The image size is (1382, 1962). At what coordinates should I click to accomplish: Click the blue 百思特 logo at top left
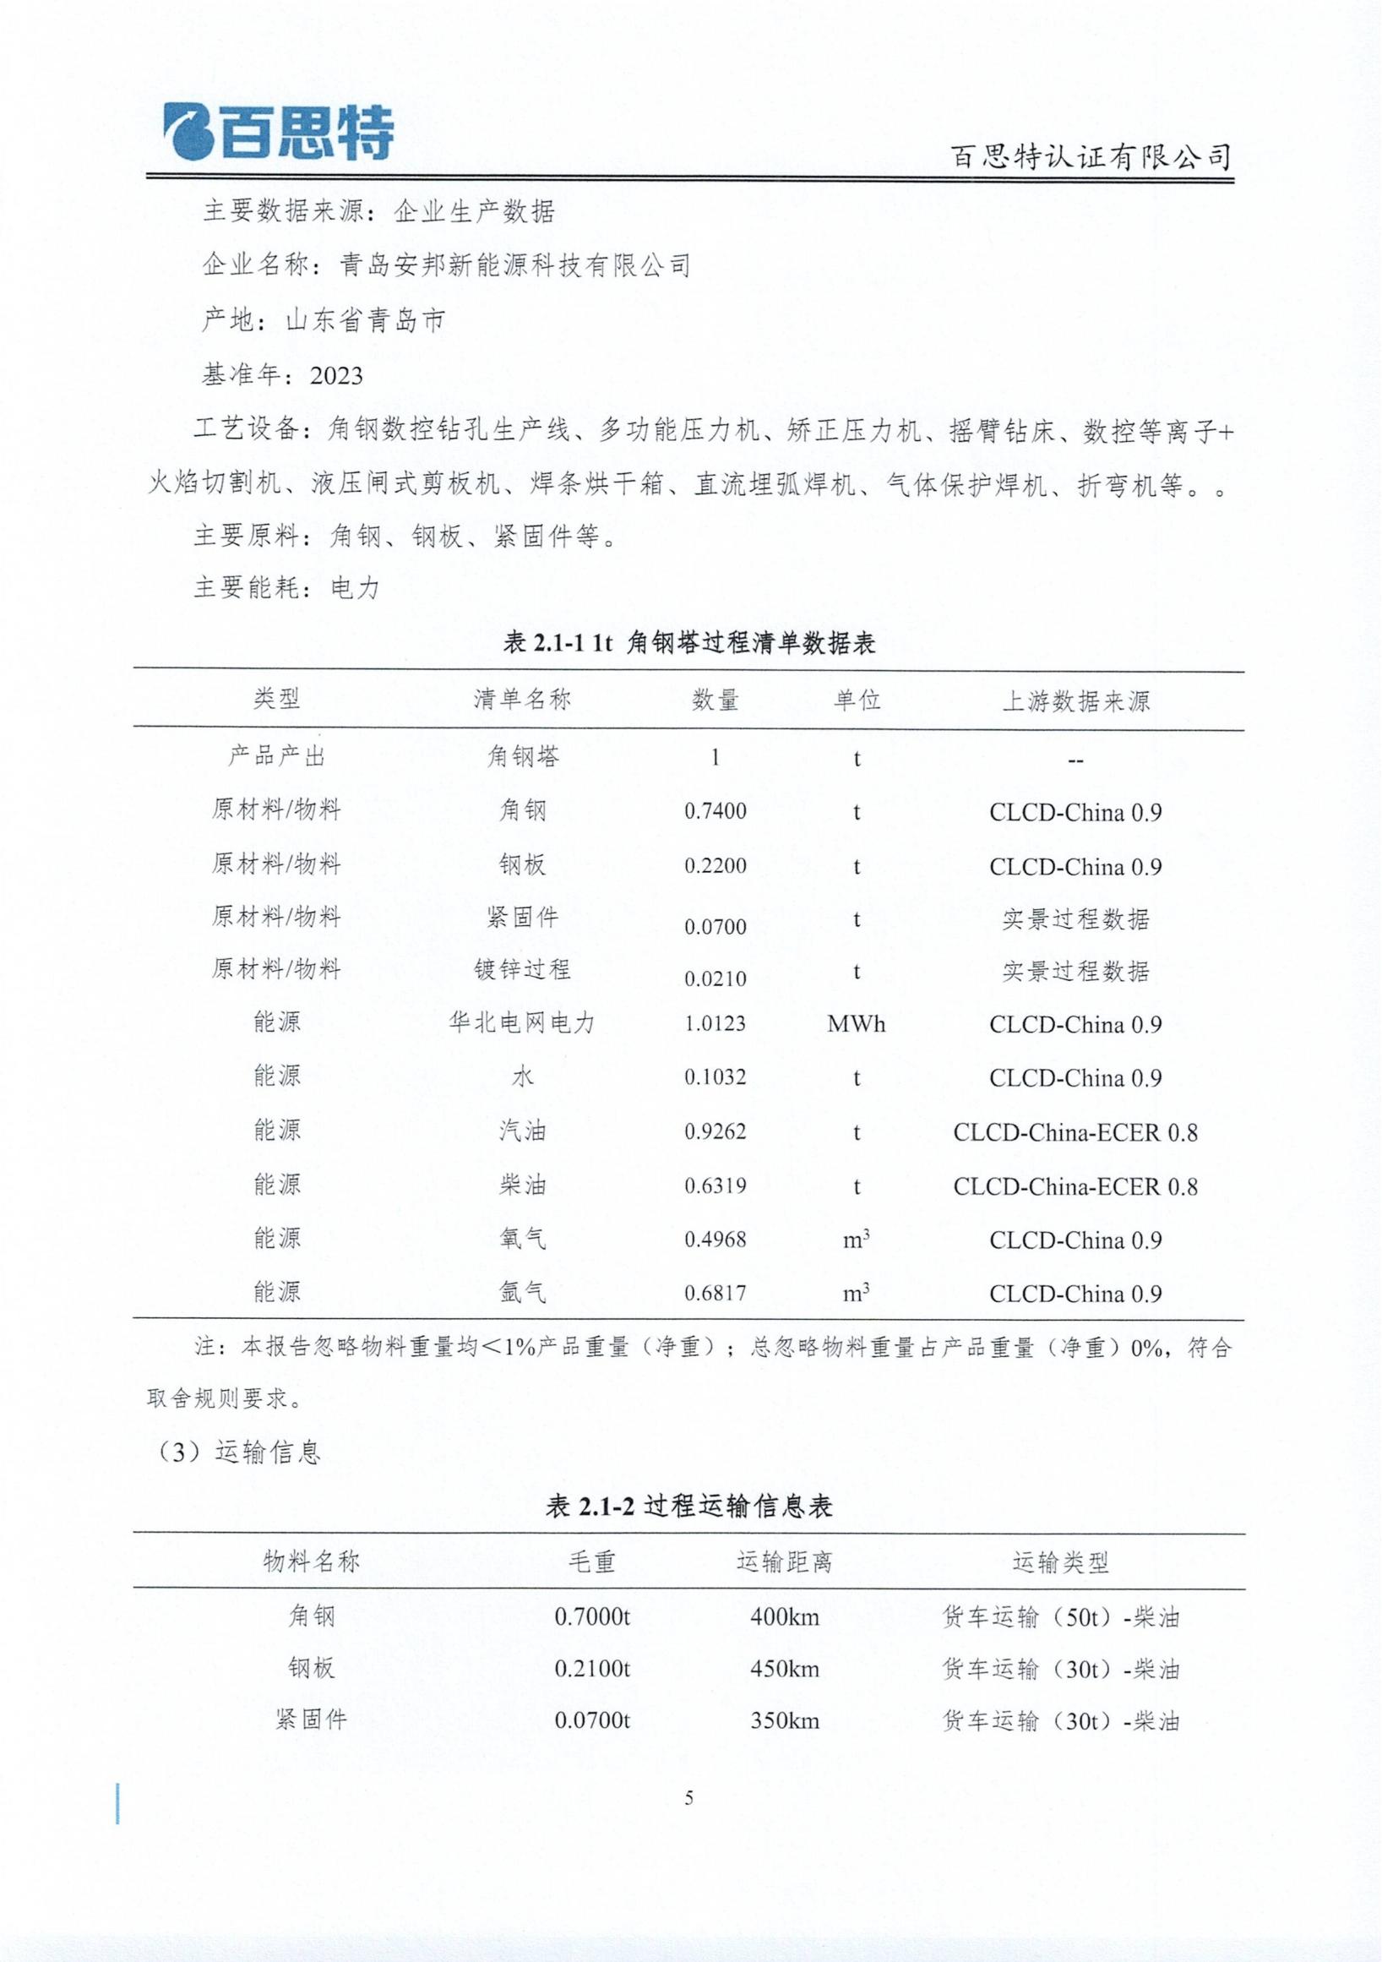278,132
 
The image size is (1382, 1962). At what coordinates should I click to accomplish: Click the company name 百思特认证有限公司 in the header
1091,157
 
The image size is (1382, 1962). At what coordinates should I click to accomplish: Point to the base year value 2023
336,376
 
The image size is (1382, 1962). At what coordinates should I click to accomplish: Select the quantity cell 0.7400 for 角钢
715,811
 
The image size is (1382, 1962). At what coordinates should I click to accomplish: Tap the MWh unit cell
856,1024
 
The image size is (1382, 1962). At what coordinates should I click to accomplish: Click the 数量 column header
715,700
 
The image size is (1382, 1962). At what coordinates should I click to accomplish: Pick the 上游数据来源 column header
1075,701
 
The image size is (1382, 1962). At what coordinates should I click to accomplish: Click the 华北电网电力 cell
522,1023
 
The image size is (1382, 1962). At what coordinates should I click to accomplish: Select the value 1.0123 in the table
715,1024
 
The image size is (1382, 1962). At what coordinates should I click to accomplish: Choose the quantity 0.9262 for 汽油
715,1131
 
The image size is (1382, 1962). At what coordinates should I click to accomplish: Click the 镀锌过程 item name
522,970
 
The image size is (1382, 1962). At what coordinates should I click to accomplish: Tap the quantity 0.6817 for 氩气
715,1294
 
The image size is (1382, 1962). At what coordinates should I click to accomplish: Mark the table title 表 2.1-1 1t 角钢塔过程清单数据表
689,643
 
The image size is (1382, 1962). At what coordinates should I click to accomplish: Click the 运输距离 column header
784,1563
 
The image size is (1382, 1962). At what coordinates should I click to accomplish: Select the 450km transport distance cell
784,1669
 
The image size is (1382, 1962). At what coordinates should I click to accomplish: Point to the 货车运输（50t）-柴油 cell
1061,1616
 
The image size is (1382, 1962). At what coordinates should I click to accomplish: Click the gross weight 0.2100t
592,1669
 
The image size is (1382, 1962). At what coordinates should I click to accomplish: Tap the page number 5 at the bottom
689,1799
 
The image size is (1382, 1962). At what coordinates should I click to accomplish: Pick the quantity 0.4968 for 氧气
715,1239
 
